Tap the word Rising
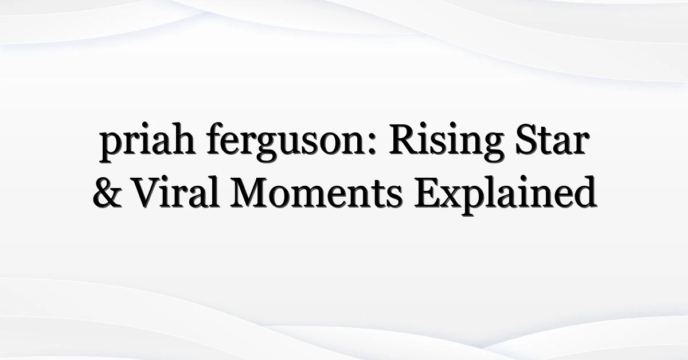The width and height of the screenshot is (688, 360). point(447,142)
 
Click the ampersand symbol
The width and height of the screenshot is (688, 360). point(108,193)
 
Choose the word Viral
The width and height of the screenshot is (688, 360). point(177,192)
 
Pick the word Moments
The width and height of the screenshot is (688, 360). point(316,193)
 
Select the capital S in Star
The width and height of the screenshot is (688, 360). point(526,139)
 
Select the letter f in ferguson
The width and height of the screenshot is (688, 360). point(215,138)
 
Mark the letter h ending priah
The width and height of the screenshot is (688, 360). point(182,138)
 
